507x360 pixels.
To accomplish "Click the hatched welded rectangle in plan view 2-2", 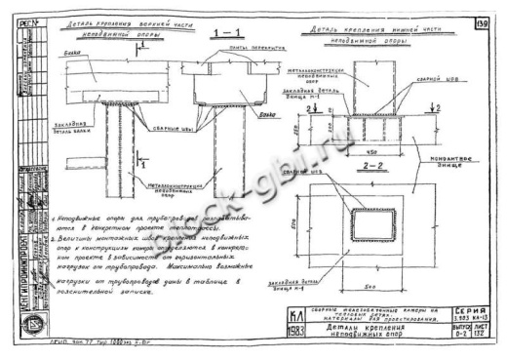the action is (x=355, y=227).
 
